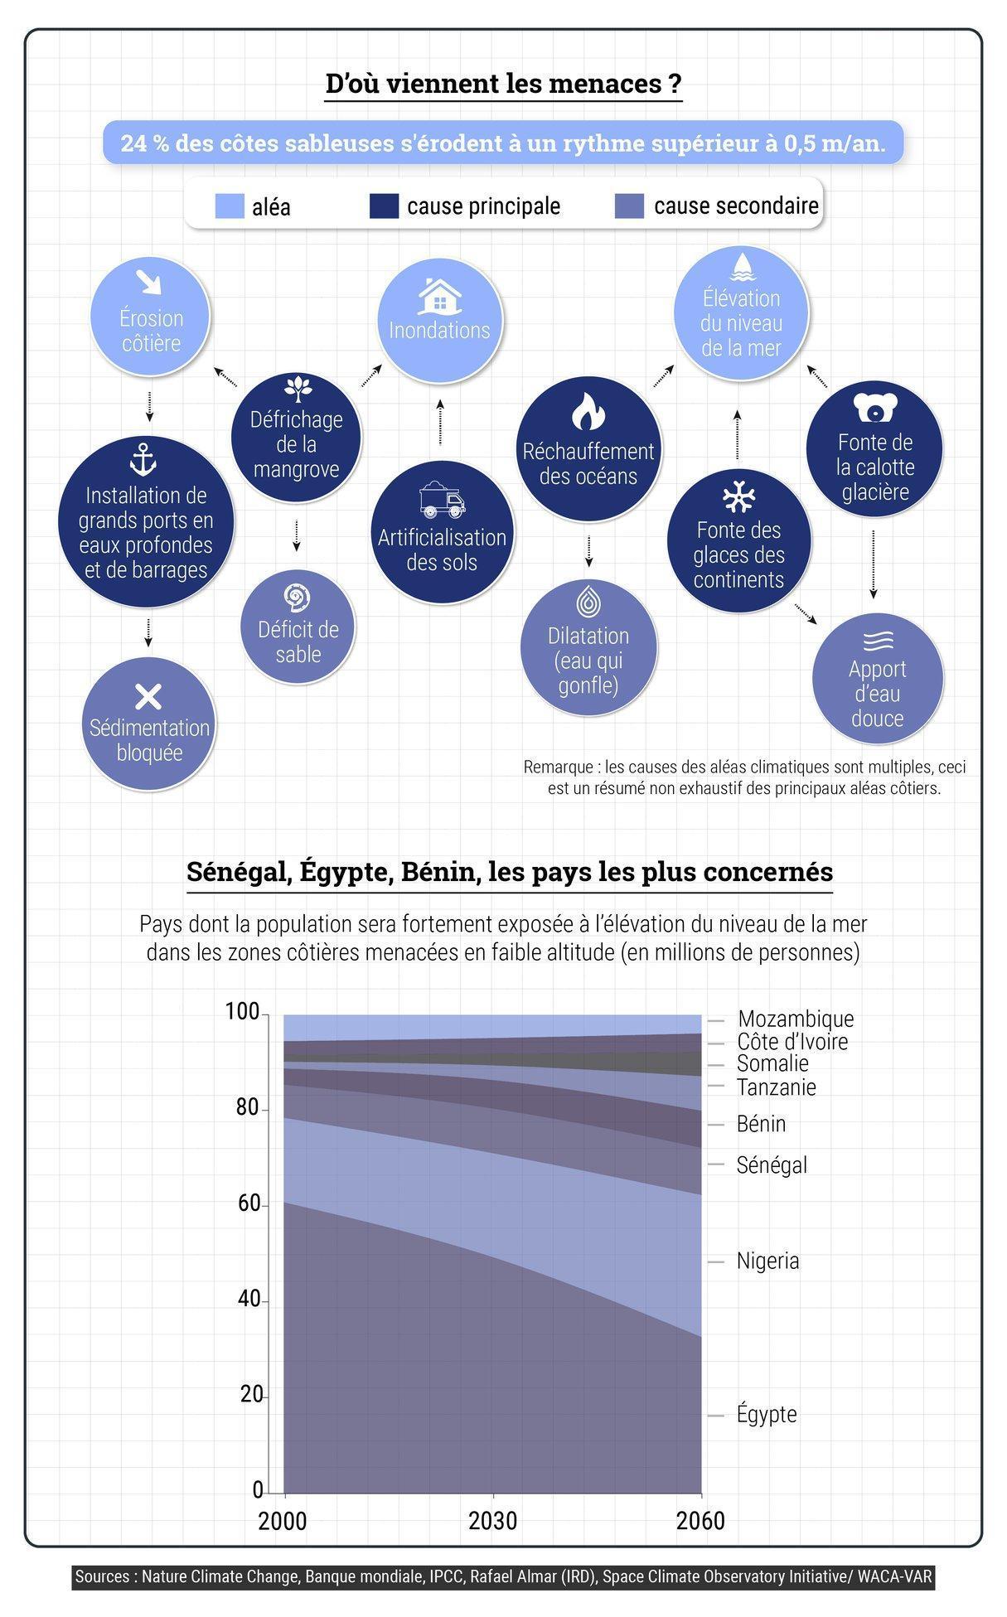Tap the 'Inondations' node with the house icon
[x=439, y=322]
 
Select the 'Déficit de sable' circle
[x=298, y=627]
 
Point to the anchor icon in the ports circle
[x=143, y=459]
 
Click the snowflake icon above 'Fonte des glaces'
[x=738, y=496]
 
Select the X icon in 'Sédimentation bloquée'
[x=148, y=697]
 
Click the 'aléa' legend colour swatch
[x=230, y=206]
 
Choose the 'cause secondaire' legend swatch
[x=630, y=206]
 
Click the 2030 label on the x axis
[x=492, y=1522]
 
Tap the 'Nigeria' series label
[x=767, y=1261]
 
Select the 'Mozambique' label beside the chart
[x=795, y=1019]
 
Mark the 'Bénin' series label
[x=761, y=1124]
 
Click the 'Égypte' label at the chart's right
[x=767, y=1414]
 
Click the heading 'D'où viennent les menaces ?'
[x=503, y=84]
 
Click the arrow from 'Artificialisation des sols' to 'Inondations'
[x=440, y=422]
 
